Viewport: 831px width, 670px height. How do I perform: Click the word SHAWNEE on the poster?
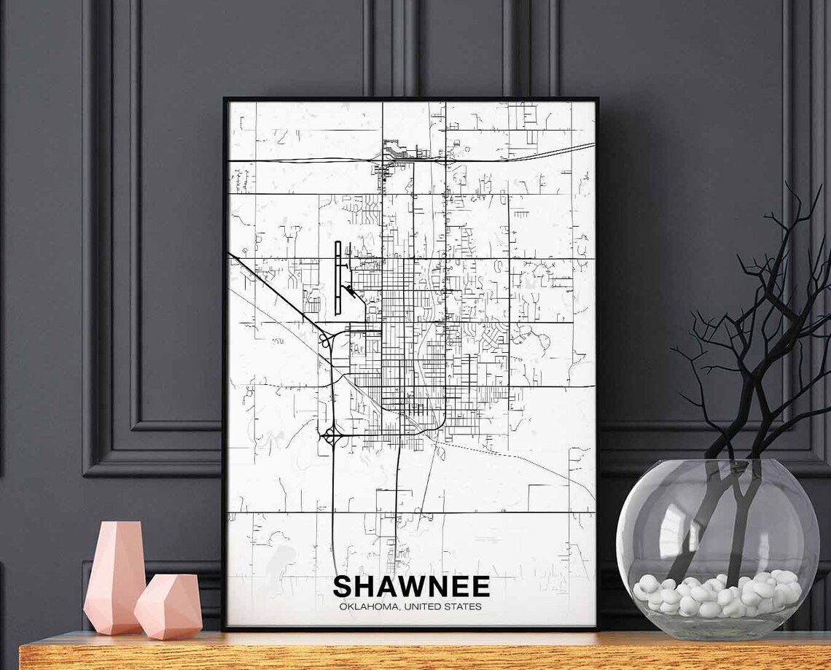[x=411, y=587]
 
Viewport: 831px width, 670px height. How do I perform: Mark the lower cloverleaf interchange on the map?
[x=330, y=436]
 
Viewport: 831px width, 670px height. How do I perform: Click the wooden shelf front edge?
[x=423, y=656]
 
